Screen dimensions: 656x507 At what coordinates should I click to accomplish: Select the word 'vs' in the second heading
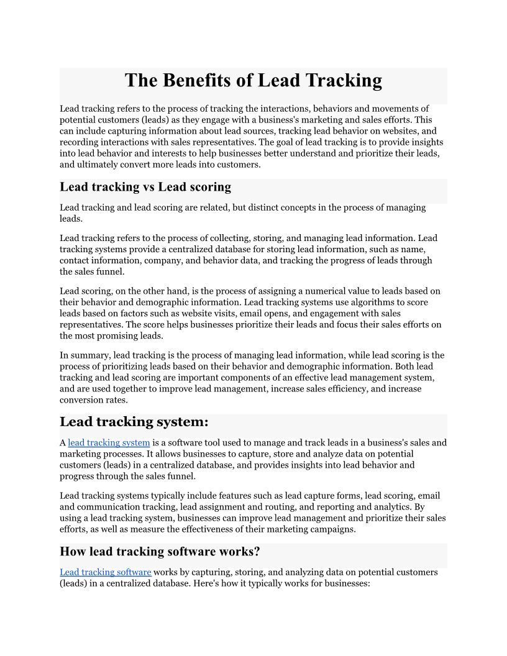[148, 187]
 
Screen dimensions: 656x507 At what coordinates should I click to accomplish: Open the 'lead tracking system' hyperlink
[109, 443]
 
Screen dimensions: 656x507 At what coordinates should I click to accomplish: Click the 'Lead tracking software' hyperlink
[106, 572]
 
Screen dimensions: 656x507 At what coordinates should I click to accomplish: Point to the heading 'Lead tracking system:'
[134, 422]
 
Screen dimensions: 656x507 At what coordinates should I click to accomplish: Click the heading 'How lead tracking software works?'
[160, 552]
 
